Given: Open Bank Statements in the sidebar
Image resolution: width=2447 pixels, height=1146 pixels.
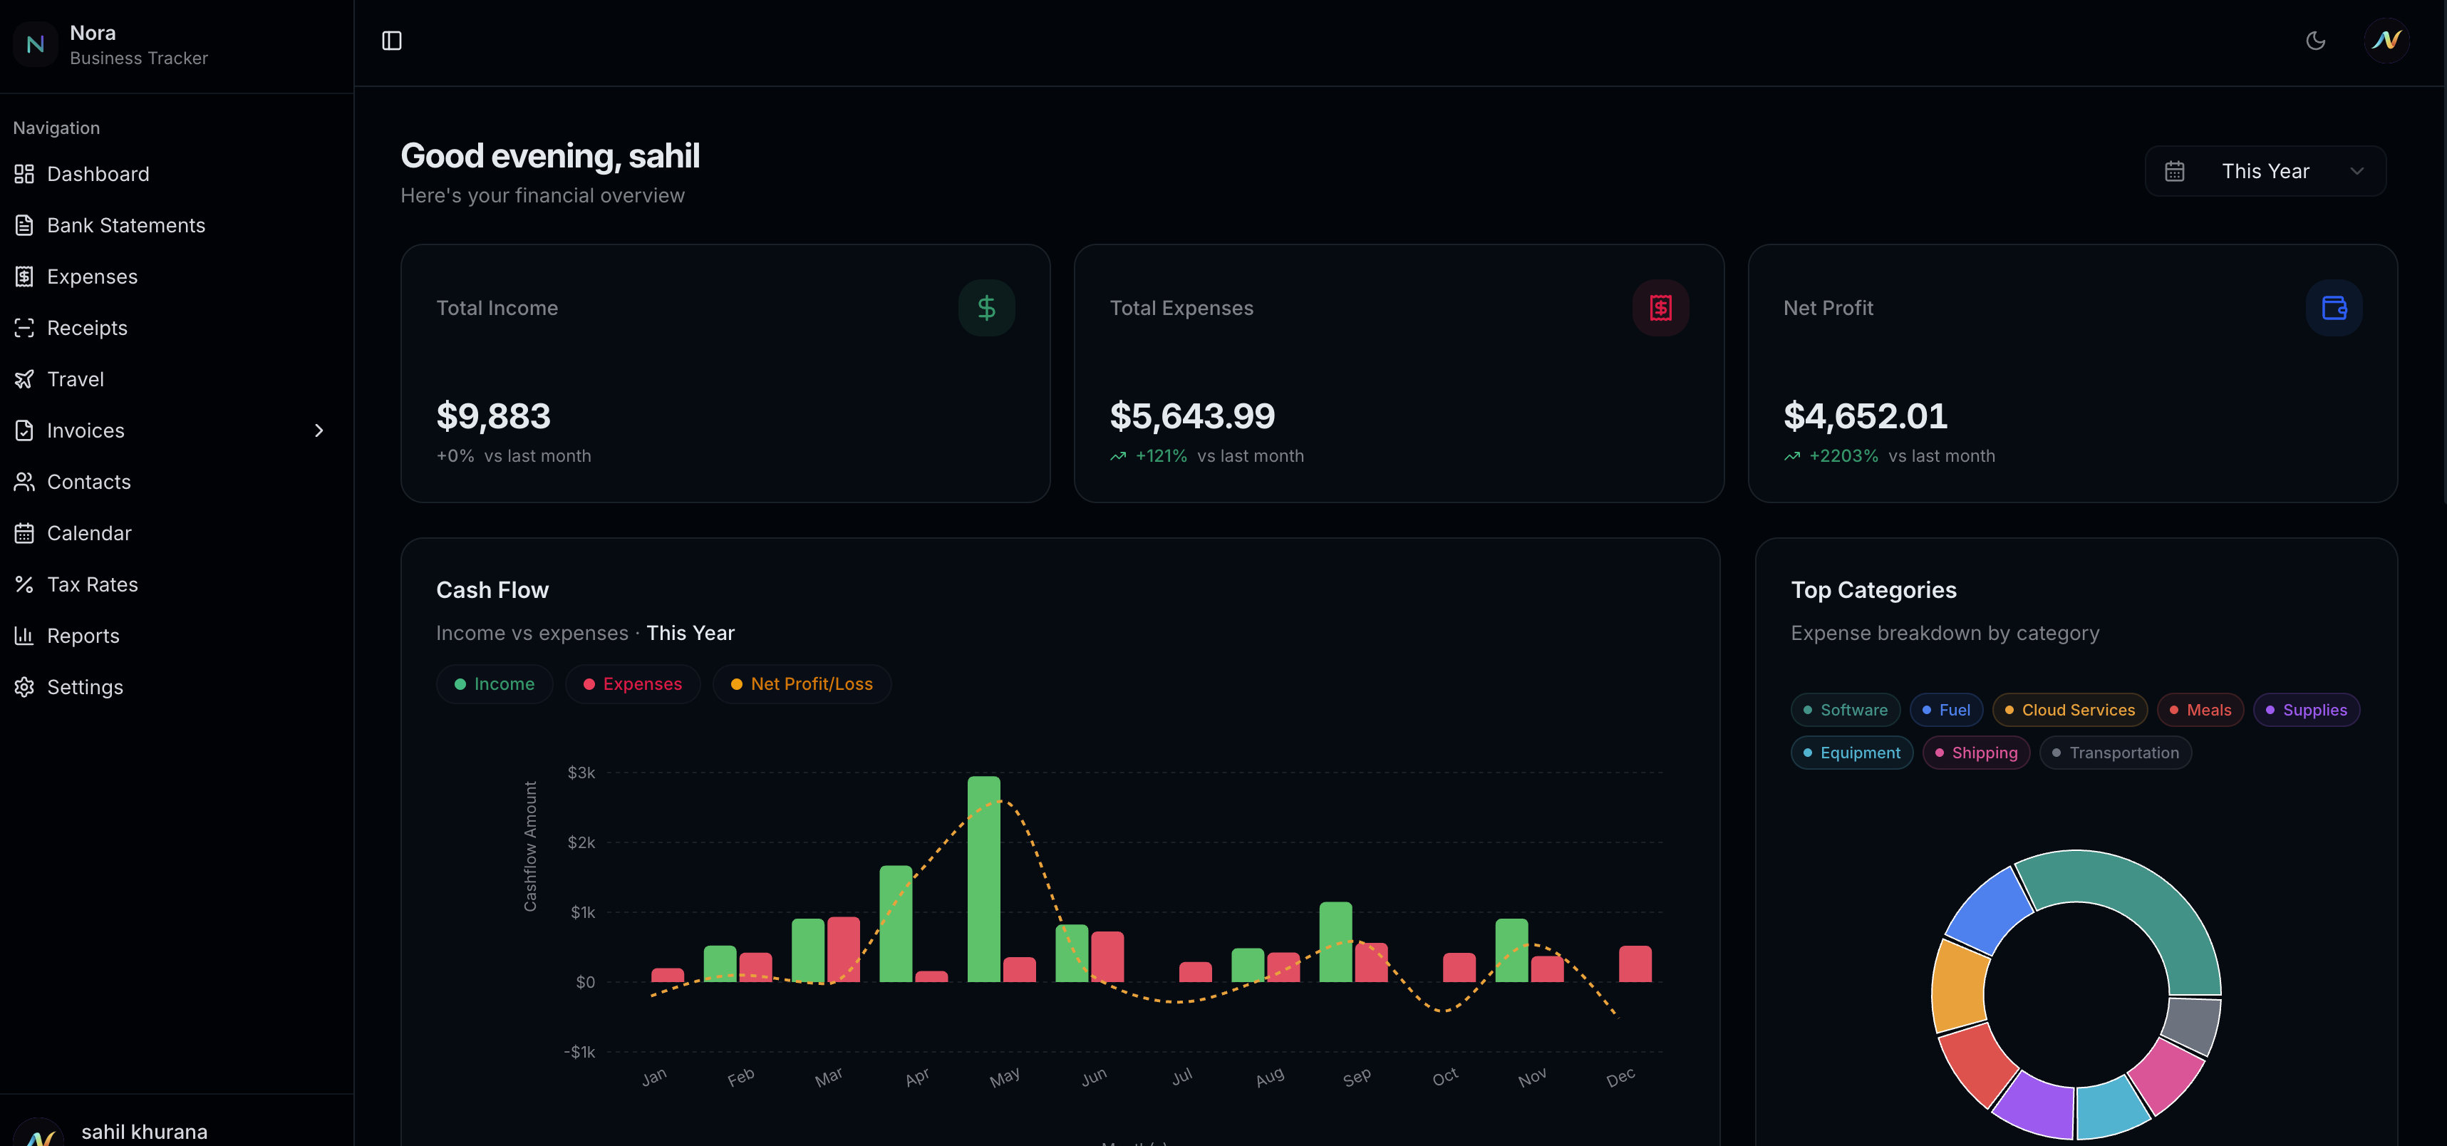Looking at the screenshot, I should coord(125,225).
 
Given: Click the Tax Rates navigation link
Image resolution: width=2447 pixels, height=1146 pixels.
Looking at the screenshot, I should coord(92,584).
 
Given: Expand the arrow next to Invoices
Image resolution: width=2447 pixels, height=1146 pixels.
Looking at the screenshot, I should coord(319,430).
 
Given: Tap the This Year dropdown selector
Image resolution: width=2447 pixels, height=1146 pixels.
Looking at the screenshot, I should coord(2265,171).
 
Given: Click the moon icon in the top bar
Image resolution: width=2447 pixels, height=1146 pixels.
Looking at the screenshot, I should coord(2315,41).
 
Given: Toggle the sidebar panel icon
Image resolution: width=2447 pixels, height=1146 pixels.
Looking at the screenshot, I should coord(391,41).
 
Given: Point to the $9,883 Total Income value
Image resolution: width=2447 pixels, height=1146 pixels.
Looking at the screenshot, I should coord(493,416).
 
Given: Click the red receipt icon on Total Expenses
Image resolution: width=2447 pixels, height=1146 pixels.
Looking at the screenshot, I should coord(1660,308).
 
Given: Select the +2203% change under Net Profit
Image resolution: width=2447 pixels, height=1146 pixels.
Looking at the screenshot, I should coord(1843,456).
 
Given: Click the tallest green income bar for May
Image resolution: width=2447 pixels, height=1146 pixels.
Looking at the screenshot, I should coord(983,878).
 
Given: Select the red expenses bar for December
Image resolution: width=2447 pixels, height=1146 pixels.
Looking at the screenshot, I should coord(1634,964).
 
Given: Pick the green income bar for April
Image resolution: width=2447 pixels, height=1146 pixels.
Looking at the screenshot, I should coord(895,923).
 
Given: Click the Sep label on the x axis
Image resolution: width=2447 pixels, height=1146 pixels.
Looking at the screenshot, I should coord(1357,1077).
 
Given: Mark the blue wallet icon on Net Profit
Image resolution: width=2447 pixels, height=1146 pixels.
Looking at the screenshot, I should coord(2333,308).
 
